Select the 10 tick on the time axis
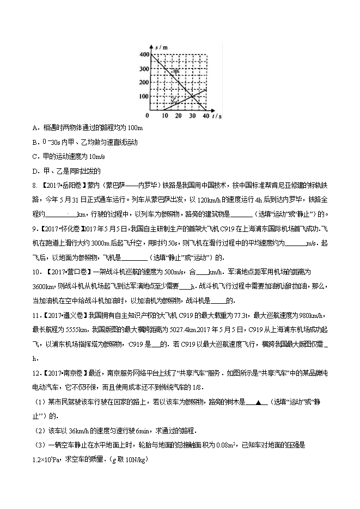point(164,116)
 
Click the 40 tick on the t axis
point(205,116)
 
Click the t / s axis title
point(216,116)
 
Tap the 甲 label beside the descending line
point(175,72)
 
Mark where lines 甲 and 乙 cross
point(192,97)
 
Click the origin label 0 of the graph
point(147,116)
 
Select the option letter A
point(35,128)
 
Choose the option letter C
point(35,156)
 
